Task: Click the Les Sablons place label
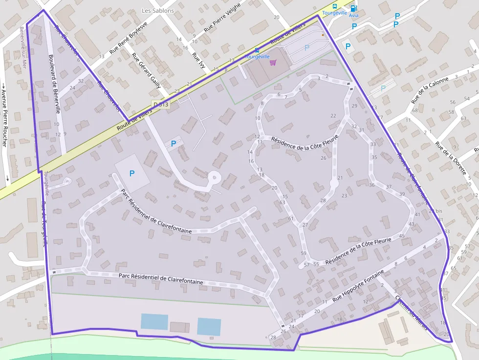coord(157,10)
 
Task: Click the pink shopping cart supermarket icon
coord(273,62)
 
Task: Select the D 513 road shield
coord(160,105)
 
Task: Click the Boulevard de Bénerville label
coord(54,84)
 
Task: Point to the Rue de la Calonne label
coord(430,90)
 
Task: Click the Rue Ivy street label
coord(198,61)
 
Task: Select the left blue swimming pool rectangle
coord(154,321)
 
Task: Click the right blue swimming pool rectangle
coord(209,326)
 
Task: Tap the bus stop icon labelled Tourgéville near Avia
coord(335,6)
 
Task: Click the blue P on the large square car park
coord(131,173)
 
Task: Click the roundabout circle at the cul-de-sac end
coord(214,177)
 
